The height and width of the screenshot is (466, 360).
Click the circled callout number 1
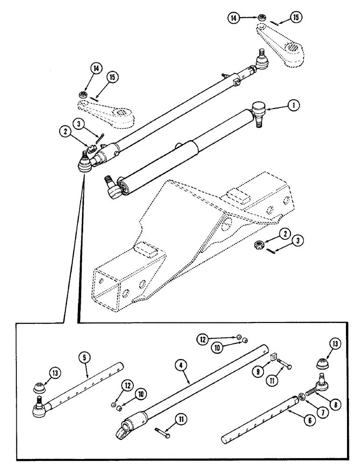click(293, 106)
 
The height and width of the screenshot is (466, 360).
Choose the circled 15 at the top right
click(295, 18)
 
